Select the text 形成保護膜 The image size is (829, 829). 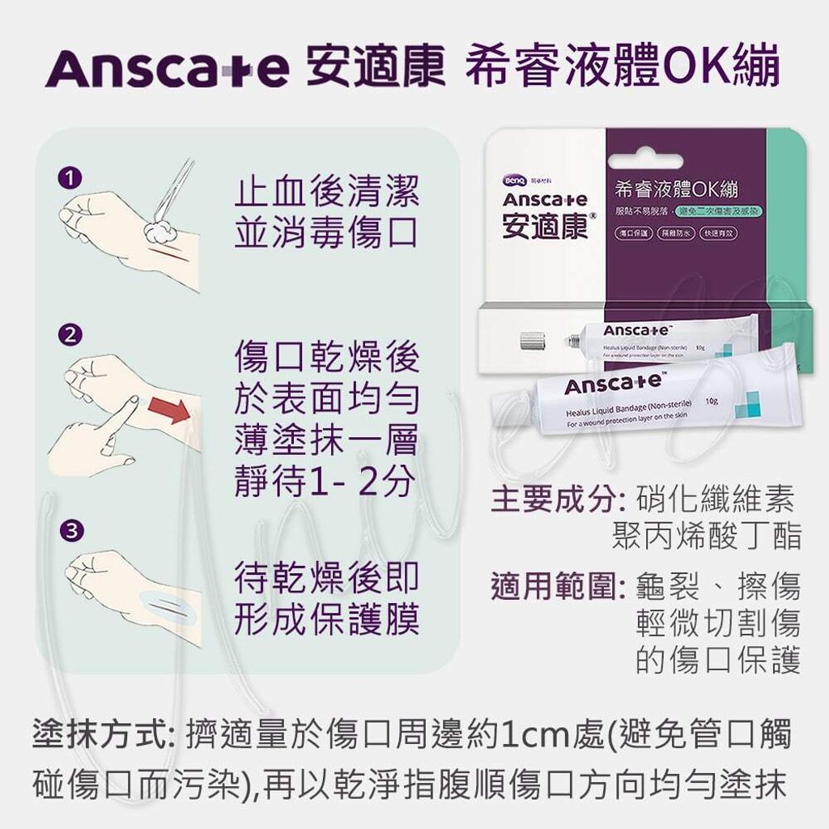(325, 619)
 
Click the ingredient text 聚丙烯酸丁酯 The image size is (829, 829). (707, 536)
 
